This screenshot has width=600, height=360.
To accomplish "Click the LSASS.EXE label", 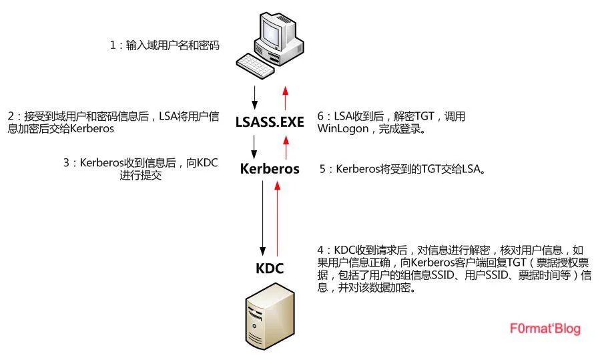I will coord(270,122).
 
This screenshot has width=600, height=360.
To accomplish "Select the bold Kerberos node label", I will coord(270,169).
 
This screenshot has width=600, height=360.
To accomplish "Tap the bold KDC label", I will coord(270,268).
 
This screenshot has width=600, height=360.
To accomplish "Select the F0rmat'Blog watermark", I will coord(545,329).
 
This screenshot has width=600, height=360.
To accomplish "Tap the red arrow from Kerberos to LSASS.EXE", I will coord(285,145).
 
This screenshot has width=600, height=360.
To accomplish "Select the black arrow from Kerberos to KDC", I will coord(264,217).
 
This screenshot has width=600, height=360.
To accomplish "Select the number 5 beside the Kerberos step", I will coord(323,170).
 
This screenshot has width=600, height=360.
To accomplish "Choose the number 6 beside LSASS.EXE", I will coord(322,116).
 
